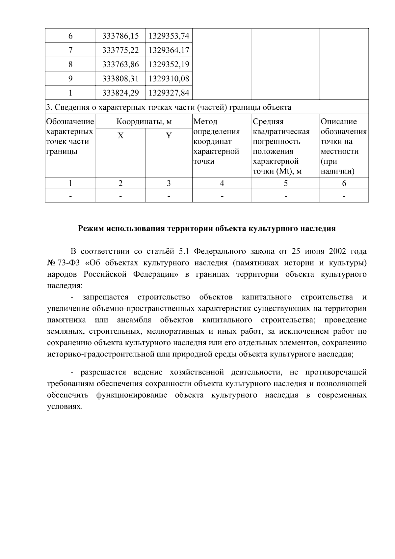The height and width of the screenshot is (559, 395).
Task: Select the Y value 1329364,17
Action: click(169, 50)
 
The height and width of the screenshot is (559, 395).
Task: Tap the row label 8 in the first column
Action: click(70, 64)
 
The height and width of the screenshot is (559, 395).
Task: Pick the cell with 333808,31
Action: click(120, 79)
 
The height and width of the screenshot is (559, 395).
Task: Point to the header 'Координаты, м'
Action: click(144, 122)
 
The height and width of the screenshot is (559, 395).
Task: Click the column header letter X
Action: click(120, 136)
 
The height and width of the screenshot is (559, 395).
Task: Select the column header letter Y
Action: click(169, 136)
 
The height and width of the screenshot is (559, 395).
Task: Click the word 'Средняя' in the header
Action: click(268, 122)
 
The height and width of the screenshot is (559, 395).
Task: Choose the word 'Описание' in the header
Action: click(339, 122)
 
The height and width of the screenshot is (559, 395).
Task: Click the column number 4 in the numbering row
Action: click(222, 183)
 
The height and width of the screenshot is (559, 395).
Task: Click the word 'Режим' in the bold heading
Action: click(91, 228)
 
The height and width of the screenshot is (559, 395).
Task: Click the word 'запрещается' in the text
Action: click(105, 297)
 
